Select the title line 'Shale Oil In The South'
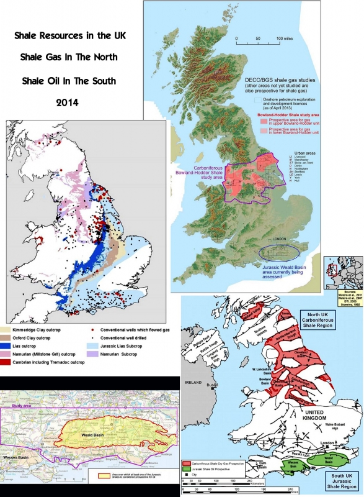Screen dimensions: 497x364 pos(69,81)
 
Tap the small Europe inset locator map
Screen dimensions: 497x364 pos(348,268)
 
